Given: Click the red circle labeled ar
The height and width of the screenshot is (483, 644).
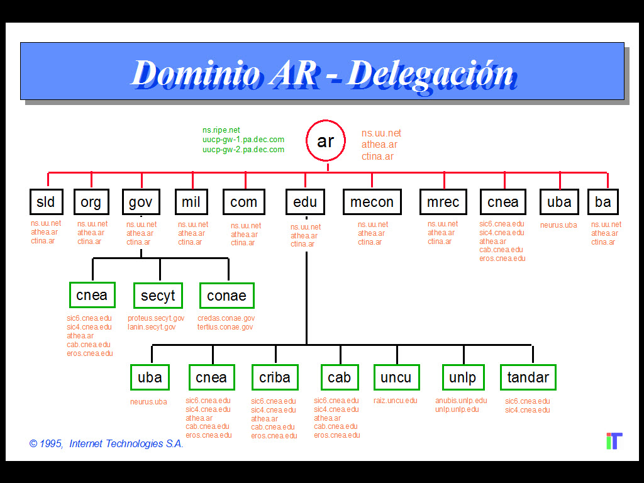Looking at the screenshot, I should [325, 141].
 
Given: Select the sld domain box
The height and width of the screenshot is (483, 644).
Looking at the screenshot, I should [46, 202].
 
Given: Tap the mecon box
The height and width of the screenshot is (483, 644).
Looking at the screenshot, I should [372, 202].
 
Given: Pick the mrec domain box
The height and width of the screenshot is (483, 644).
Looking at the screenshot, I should [443, 202].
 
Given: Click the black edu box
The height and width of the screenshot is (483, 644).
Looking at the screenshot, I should [306, 202].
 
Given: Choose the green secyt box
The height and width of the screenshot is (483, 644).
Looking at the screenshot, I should [158, 296].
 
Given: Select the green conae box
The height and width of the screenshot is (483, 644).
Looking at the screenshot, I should [226, 296].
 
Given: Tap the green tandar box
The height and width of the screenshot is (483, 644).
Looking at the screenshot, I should [528, 377].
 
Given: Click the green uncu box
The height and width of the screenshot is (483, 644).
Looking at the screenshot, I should [396, 377].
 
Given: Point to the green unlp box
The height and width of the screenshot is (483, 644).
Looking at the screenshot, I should [463, 377].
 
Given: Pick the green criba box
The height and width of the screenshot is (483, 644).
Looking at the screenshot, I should [275, 377].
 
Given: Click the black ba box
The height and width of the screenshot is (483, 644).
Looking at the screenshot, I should [602, 202].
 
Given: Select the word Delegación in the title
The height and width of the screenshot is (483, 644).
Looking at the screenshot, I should [430, 73].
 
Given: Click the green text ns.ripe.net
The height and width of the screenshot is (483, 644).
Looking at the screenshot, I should [221, 130].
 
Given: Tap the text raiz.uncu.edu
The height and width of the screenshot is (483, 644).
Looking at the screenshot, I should [395, 401].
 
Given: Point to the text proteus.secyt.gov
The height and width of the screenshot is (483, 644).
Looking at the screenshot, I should [156, 319].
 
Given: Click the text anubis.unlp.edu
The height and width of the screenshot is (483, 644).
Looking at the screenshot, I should [461, 401].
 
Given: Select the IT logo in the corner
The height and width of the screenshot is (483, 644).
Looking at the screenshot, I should [614, 441].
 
